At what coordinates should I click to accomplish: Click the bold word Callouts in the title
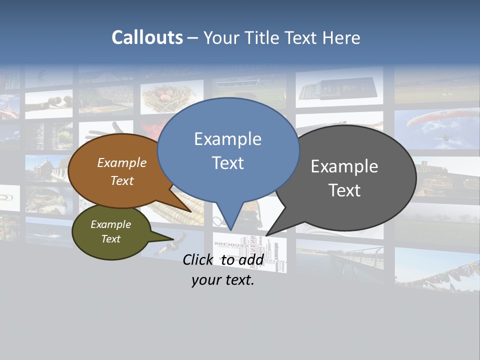click(x=147, y=37)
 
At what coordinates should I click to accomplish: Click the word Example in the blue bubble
click(x=227, y=139)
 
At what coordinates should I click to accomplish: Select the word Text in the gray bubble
click(x=344, y=190)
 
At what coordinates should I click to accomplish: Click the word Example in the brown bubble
click(x=122, y=162)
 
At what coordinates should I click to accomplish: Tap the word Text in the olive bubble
click(x=111, y=239)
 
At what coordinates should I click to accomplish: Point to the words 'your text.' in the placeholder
click(x=223, y=280)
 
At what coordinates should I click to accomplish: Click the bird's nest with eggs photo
click(x=171, y=96)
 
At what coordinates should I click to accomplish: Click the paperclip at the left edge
click(x=7, y=197)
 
